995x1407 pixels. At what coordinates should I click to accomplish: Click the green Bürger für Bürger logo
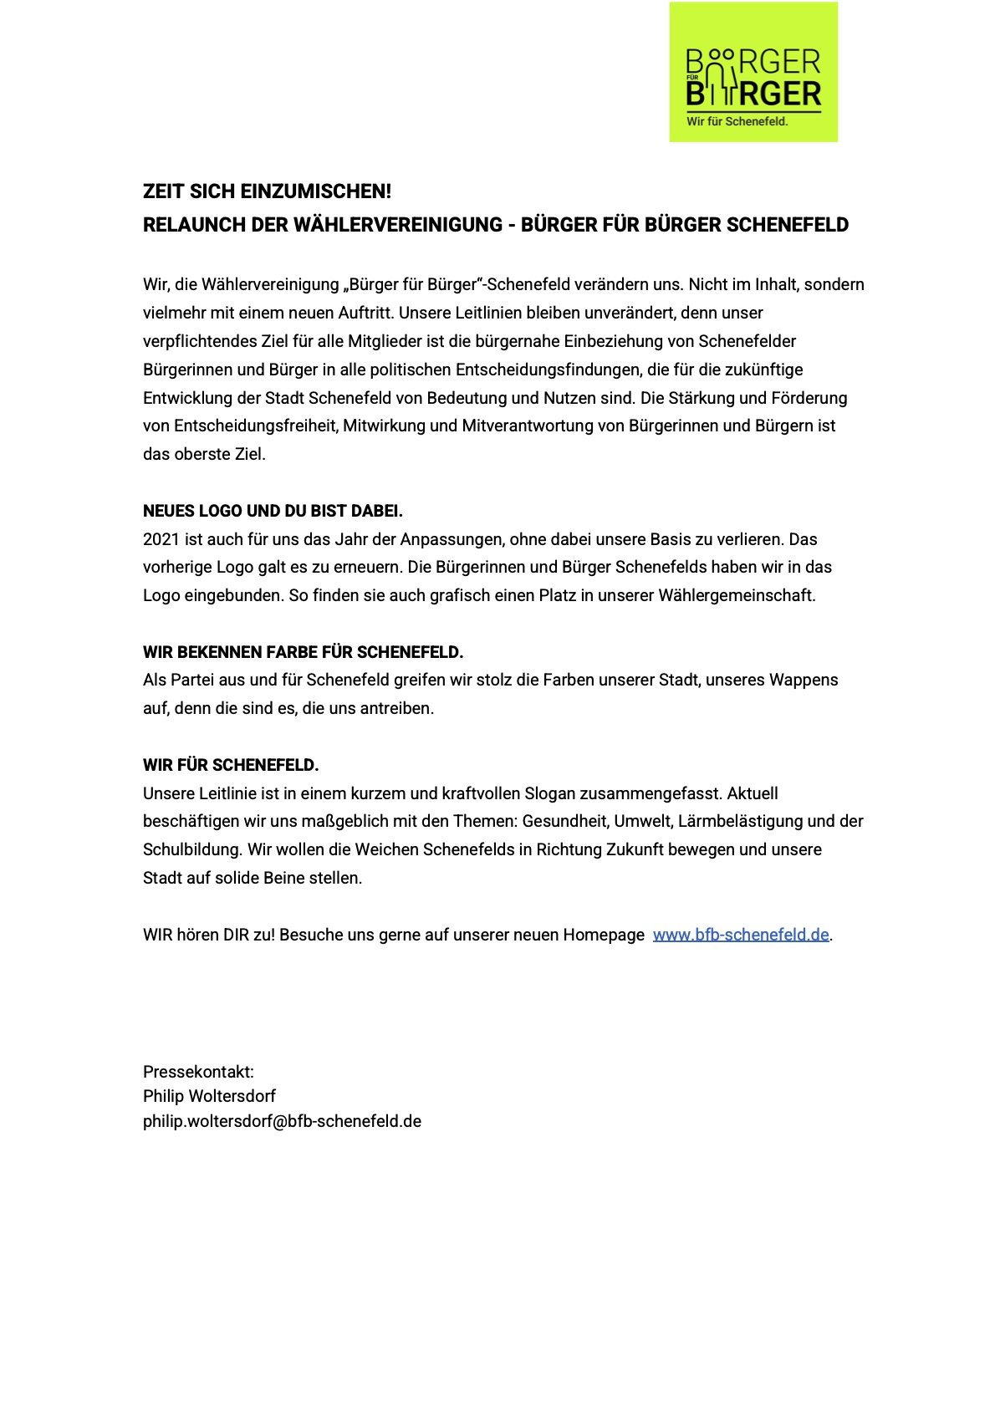pos(753,72)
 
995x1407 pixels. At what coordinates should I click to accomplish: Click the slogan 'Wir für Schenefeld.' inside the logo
pos(737,121)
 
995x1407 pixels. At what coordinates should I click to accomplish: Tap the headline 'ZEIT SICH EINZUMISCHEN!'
pos(267,191)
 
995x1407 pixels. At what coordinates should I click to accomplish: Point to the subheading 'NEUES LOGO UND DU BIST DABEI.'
pos(273,511)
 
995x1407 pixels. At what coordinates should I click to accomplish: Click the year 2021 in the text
pos(161,539)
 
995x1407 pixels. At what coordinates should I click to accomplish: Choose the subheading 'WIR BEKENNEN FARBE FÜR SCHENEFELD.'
pos(303,652)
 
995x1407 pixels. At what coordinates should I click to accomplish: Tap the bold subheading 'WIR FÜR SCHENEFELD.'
pos(231,765)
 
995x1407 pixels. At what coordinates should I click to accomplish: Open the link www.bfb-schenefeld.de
pos(740,935)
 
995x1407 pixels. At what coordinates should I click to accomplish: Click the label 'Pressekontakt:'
pos(198,1072)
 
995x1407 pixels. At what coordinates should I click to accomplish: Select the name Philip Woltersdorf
pos(209,1096)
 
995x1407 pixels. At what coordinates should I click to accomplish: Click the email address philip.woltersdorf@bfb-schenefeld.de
pos(282,1121)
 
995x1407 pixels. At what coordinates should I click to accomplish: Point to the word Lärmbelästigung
pos(740,821)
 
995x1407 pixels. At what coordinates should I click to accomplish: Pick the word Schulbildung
pos(191,849)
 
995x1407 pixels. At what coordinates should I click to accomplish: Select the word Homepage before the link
pos(603,935)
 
